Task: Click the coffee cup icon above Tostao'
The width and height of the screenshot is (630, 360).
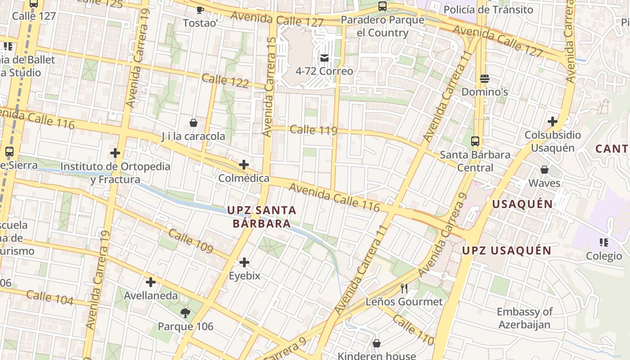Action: [x=200, y=9]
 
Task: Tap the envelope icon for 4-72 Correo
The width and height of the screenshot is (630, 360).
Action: [x=324, y=58]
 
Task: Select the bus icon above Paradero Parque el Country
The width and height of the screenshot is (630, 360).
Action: [x=382, y=6]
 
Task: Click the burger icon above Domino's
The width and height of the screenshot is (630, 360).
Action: [x=485, y=79]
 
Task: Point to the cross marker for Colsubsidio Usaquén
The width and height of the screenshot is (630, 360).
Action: [x=552, y=121]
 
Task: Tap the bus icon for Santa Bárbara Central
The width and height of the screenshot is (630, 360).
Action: [x=475, y=141]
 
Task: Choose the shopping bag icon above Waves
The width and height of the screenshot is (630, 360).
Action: [x=544, y=170]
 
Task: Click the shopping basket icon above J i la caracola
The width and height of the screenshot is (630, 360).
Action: [x=193, y=123]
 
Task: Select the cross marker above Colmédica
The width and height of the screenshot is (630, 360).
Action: [x=243, y=165]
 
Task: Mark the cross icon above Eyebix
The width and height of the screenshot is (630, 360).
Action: [x=244, y=262]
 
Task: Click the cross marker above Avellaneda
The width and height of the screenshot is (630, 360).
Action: [x=151, y=282]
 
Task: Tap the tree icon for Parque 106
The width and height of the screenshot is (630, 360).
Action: [x=185, y=313]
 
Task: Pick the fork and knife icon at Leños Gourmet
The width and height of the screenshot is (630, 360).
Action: [x=404, y=288]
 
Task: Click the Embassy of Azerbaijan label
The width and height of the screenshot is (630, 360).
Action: [x=524, y=318]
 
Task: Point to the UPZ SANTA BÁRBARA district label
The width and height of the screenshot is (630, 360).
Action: [x=261, y=216]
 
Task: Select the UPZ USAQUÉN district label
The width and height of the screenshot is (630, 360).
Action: [x=507, y=251]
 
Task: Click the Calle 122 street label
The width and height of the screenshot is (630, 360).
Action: [x=225, y=81]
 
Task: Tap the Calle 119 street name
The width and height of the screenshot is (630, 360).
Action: [x=313, y=130]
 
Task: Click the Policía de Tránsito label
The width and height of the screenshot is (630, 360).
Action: [x=488, y=9]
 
